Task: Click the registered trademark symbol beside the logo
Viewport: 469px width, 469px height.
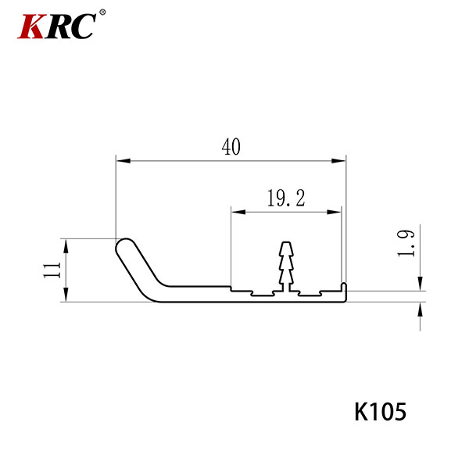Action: (102, 13)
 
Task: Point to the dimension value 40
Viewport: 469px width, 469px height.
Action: (231, 147)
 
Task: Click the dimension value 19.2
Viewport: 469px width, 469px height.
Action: (286, 198)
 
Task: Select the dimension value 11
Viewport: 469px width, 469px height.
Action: (52, 270)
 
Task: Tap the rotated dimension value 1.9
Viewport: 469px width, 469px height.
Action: (406, 243)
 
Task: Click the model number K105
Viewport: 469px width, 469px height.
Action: (380, 412)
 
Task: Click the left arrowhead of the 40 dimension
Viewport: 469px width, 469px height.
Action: (124, 161)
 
